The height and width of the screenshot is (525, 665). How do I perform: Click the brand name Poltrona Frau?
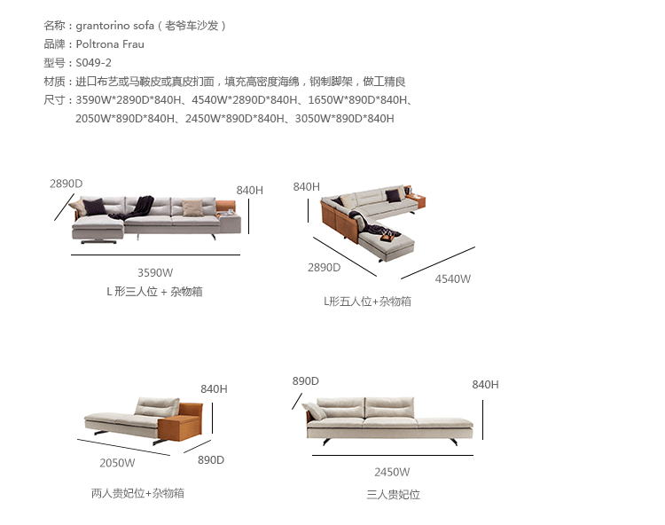point(110,44)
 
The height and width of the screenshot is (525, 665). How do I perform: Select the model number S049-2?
point(93,63)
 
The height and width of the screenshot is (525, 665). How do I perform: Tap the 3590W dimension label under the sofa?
point(155,272)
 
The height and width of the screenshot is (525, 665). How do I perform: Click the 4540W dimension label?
point(452,279)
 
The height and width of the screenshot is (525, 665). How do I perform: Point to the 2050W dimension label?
point(117,463)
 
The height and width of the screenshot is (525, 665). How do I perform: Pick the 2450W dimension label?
point(392,472)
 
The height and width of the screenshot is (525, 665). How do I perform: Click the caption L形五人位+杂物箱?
point(367,302)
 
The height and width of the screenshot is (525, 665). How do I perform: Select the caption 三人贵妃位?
point(393,495)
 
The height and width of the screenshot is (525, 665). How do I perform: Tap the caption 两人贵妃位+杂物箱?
point(137,493)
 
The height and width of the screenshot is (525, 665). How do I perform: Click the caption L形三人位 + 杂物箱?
point(154,292)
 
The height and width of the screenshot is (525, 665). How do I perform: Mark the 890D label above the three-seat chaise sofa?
point(305,381)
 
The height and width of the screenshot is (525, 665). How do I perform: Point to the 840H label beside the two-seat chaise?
point(214,389)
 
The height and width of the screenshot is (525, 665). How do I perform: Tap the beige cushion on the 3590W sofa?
point(192,208)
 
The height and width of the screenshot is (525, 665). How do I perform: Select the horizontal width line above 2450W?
point(393,456)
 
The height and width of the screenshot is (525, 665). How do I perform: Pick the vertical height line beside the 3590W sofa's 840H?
point(248,216)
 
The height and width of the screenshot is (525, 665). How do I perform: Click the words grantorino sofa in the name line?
point(115,26)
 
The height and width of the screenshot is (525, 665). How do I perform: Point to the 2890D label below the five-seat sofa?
point(324,268)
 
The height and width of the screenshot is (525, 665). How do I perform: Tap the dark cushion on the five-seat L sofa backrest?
point(393,195)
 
